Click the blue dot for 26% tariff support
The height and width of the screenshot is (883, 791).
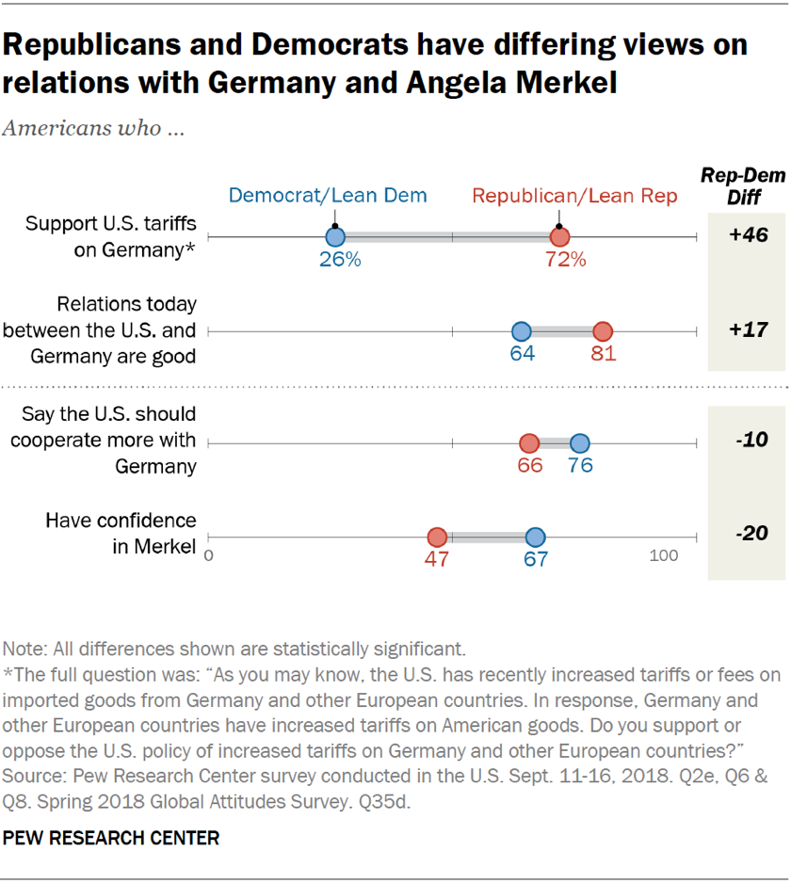[335, 238]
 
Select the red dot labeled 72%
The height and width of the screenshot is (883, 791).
[560, 238]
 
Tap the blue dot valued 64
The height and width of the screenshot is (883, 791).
[521, 331]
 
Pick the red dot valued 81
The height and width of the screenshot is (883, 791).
[603, 331]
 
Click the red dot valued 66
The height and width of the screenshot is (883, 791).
[529, 443]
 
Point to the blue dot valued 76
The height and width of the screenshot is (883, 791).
[580, 443]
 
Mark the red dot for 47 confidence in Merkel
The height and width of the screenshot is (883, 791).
[437, 538]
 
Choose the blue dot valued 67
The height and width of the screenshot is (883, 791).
[535, 538]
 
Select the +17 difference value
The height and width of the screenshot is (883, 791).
[749, 329]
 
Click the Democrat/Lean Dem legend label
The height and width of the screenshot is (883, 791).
[328, 196]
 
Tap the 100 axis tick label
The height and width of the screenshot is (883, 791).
[663, 555]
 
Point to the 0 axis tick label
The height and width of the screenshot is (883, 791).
[209, 555]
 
